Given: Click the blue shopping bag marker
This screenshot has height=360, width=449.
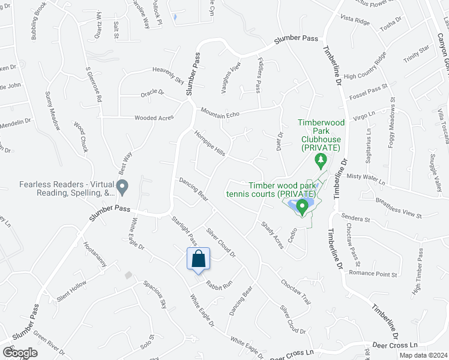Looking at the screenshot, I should (x=199, y=260).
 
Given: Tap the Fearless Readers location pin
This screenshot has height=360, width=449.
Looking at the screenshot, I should (x=123, y=187).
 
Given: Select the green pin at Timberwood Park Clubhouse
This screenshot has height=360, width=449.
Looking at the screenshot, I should (x=321, y=160).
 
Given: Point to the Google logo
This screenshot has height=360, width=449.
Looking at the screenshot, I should (x=20, y=352).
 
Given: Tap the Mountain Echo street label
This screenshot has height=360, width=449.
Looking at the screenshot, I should (x=220, y=112).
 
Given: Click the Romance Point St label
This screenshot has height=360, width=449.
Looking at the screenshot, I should (x=373, y=273).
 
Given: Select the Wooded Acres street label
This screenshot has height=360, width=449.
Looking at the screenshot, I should (x=154, y=118).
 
